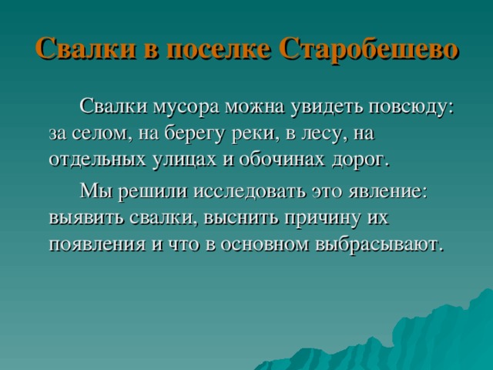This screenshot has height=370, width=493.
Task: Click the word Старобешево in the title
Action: point(370,49)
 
